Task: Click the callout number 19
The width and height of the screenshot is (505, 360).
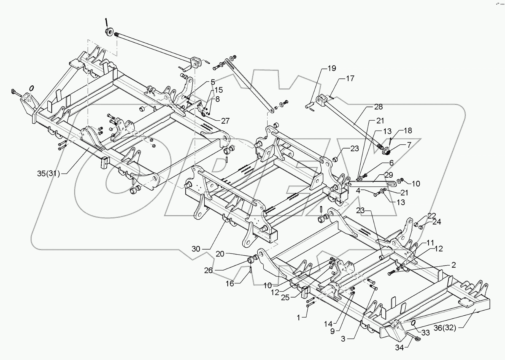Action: pos(332,68)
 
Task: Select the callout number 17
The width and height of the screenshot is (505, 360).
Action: pos(350,79)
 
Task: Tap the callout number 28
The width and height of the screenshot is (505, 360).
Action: pos(379,107)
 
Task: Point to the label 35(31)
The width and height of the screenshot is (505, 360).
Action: pos(49,174)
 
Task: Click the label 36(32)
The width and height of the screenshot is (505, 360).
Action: pos(445,328)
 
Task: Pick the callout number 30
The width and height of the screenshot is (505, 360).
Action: pos(196,249)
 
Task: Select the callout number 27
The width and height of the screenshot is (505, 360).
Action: pos(225,121)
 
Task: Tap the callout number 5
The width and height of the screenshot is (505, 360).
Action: pos(213,82)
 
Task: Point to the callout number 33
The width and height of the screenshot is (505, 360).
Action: pos(425,333)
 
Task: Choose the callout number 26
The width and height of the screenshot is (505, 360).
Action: pos(208,270)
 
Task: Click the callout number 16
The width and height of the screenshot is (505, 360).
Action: pos(230,284)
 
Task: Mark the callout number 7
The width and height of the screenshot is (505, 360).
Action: pos(409,145)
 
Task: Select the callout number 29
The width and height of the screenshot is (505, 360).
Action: pos(389,175)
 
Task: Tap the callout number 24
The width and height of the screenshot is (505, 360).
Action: pos(437,222)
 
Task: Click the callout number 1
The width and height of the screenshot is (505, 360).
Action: pos(298,318)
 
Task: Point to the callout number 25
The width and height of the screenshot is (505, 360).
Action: pos(285,298)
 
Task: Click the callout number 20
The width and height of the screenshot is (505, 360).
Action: pos(220,254)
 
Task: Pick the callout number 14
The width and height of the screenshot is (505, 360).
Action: pos(328,324)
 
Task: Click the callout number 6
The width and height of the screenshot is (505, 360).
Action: pos(391,163)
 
